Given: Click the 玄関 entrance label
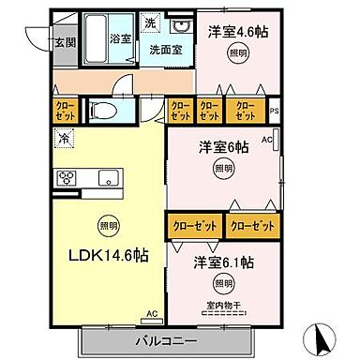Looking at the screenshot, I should click(x=65, y=41).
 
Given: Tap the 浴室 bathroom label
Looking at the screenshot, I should click(x=119, y=39).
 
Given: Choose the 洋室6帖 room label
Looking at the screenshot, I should click(x=222, y=148).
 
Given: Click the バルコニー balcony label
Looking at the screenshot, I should click(x=170, y=338).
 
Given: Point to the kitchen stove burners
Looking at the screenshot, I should click(x=68, y=179).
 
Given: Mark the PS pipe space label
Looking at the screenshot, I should click(x=274, y=113).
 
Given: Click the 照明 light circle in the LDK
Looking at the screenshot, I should click(x=108, y=225).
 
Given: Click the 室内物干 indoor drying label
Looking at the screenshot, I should click(x=223, y=302).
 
